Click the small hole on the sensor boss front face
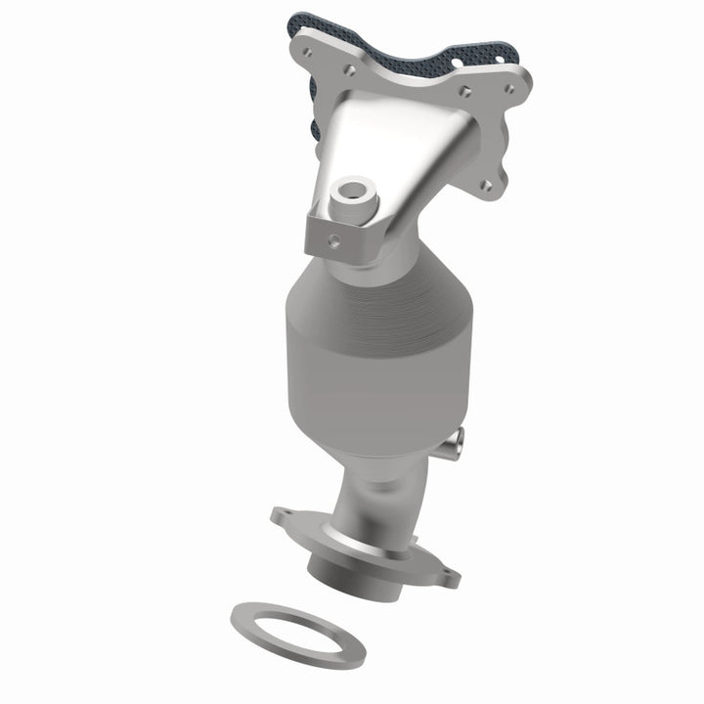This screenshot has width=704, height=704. [x=334, y=237]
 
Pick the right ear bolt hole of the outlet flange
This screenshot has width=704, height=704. [x=445, y=578]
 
